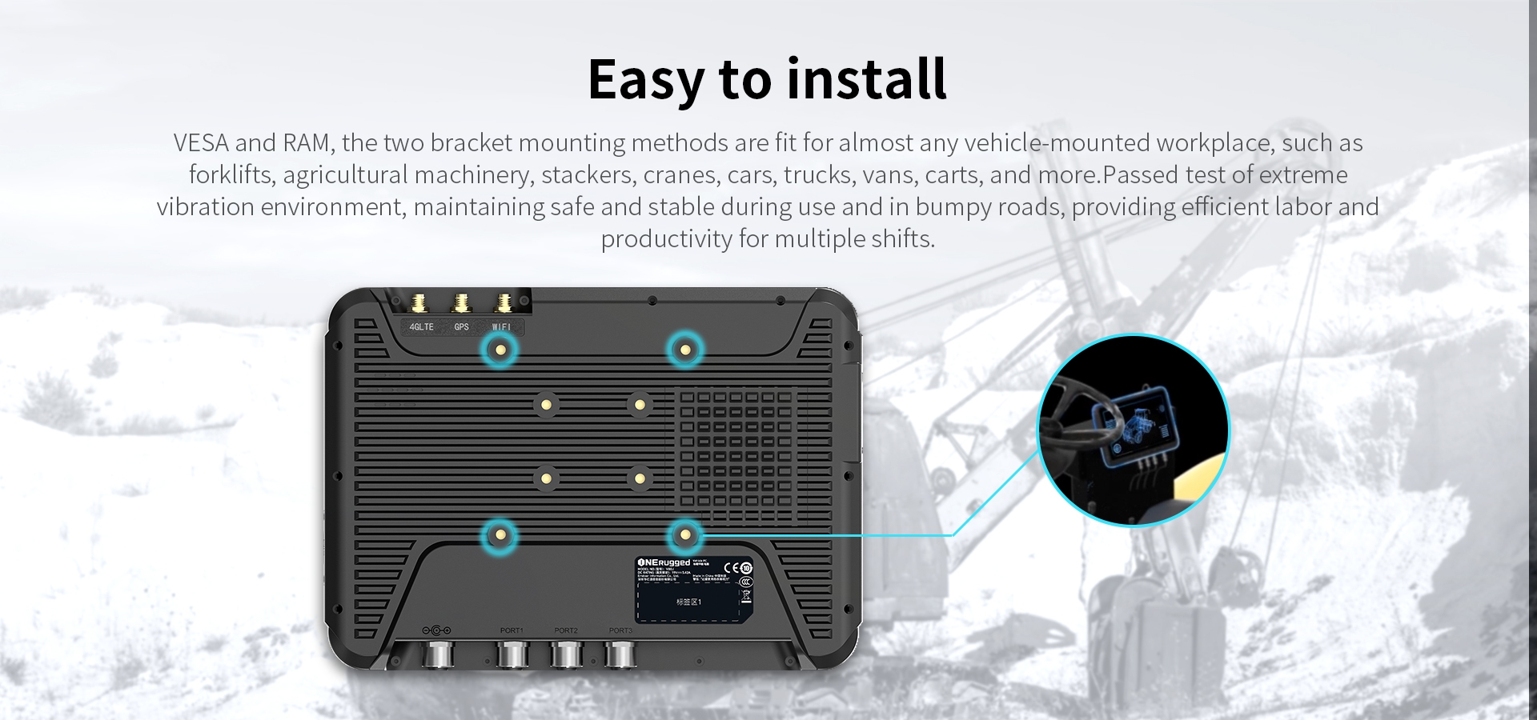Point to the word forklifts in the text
tap(231, 175)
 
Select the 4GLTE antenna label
tap(421, 327)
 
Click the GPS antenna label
tap(461, 327)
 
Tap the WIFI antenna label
tap(502, 327)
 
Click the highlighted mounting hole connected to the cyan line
tap(684, 535)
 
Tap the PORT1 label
tap(512, 630)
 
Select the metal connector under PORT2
tap(566, 655)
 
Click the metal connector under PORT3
tap(620, 655)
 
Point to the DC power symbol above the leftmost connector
tap(436, 630)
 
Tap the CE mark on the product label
tap(729, 567)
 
